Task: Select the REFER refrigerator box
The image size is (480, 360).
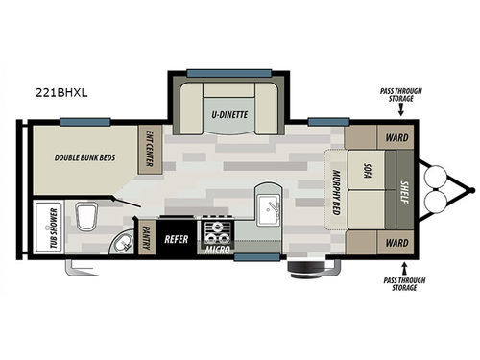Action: coord(176,238)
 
